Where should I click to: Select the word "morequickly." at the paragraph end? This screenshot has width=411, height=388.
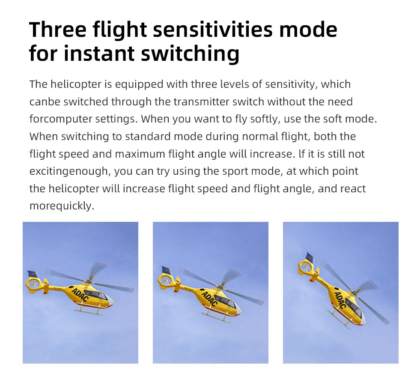pos(61,206)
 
